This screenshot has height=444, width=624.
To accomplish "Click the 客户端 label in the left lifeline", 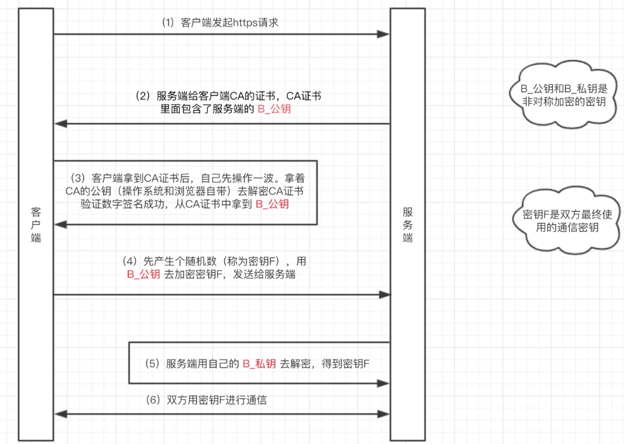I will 36,224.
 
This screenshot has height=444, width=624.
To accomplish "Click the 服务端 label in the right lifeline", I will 408,224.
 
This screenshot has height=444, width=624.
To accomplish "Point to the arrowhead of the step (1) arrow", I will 383,34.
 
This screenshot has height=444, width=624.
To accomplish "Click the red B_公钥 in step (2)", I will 274,109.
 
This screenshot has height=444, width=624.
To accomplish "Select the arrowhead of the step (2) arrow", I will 61,124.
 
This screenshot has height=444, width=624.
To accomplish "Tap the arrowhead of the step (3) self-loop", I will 61,225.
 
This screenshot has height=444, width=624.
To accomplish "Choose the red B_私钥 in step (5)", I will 259,364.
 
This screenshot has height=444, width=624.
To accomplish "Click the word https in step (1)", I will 245,23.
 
